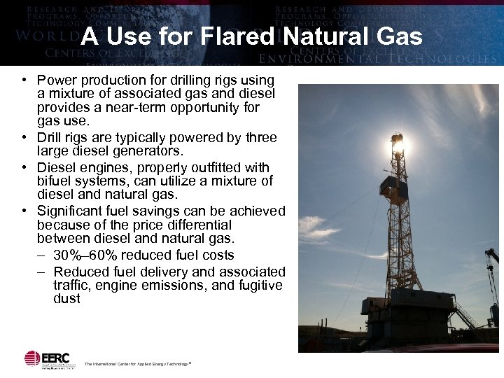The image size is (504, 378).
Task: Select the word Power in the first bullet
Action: (57, 80)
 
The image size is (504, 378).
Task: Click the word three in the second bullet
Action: (258, 137)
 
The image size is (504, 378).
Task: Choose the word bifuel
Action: (57, 181)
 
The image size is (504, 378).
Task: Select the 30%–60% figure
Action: (83, 255)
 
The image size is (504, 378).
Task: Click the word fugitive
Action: (258, 286)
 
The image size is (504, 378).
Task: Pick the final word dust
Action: (66, 299)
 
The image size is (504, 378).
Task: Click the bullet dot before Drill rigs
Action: (24, 138)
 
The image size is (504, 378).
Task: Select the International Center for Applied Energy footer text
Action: (137, 364)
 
